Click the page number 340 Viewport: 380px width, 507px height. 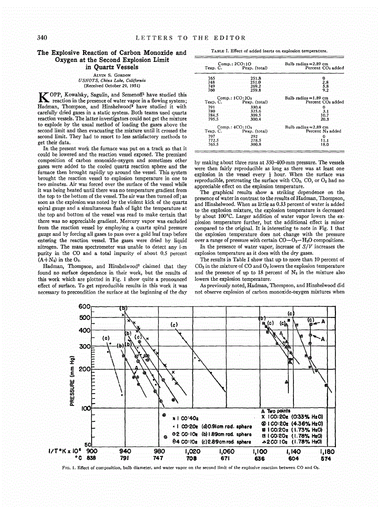42,38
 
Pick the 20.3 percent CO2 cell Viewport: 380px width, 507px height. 325,119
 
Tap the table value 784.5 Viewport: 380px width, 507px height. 211,115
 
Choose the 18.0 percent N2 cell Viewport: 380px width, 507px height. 325,144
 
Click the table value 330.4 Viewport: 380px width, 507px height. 255,107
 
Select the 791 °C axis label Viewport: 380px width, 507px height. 125,458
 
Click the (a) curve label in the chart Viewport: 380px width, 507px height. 105,339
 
